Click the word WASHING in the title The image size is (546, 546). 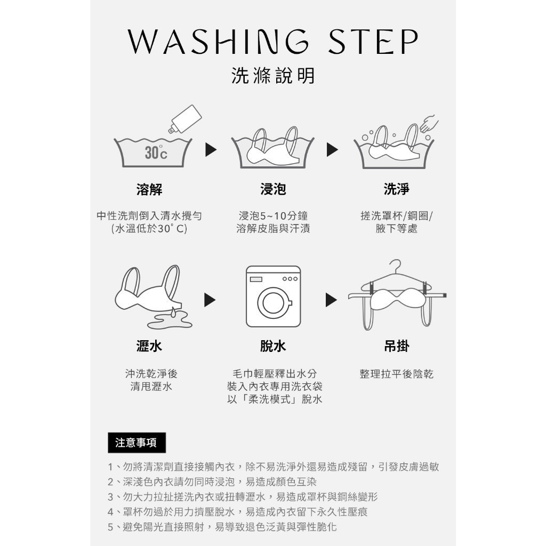click(218, 42)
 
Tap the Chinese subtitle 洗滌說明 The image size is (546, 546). click(273, 76)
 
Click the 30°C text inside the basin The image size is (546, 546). click(156, 152)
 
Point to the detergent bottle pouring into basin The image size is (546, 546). click(185, 119)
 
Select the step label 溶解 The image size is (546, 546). click(149, 189)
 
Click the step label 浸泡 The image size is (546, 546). click(273, 189)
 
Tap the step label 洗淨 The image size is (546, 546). click(397, 189)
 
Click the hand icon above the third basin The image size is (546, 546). click(429, 124)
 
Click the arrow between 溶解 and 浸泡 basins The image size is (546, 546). click(211, 150)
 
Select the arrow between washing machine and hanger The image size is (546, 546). click(331, 300)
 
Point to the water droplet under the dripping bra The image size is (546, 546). click(173, 311)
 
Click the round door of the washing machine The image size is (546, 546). click(274, 303)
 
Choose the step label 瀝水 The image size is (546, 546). click(149, 346)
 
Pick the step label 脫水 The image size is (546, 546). click(273, 346)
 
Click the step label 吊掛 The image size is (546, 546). click(397, 346)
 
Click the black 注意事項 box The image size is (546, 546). click(136, 443)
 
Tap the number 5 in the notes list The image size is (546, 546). click(110, 527)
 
